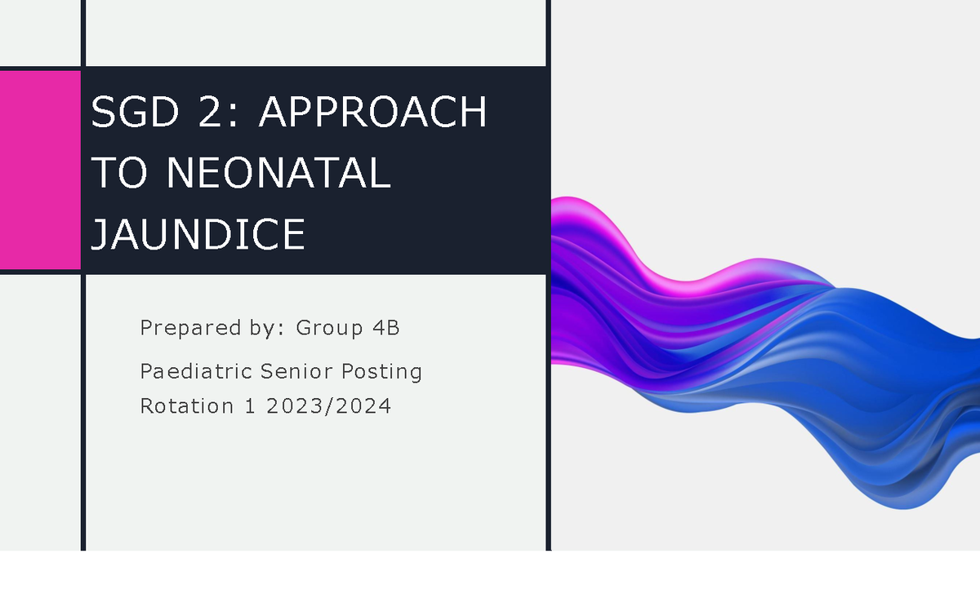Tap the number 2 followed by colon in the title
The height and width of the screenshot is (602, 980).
point(215,113)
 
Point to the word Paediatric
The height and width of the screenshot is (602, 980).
point(196,372)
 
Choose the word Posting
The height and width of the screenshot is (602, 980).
point(381,372)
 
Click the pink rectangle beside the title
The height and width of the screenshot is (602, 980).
point(39,170)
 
